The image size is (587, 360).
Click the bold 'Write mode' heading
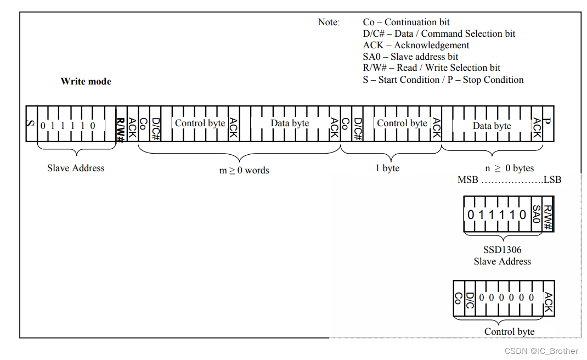click(x=86, y=81)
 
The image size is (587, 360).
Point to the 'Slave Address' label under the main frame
click(x=76, y=168)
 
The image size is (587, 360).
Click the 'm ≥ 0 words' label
click(x=244, y=170)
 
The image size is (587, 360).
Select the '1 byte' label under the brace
click(x=387, y=168)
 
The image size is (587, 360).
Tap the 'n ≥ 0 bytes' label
click(x=510, y=168)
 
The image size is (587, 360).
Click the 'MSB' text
click(x=468, y=179)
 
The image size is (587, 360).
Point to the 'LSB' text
click(x=552, y=179)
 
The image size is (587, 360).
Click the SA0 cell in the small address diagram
click(x=537, y=215)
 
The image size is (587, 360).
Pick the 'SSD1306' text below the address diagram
click(x=503, y=250)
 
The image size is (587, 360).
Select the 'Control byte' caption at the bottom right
click(x=509, y=331)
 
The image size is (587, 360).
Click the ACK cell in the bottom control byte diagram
click(x=548, y=302)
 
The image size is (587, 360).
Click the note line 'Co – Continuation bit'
click(x=406, y=22)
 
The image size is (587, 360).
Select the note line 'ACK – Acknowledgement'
click(x=416, y=45)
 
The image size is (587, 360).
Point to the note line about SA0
click(x=410, y=57)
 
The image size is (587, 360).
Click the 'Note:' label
click(x=329, y=22)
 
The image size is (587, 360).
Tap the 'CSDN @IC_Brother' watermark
click(x=541, y=351)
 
